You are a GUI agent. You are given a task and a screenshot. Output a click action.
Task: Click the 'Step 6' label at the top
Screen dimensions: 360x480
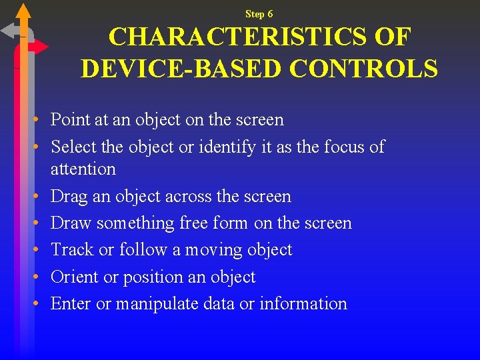pyautogui.click(x=259, y=14)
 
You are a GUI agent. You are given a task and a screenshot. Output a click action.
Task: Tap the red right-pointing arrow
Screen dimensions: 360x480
pyautogui.click(x=39, y=47)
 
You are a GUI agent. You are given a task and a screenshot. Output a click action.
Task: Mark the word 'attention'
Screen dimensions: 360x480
pyautogui.click(x=83, y=169)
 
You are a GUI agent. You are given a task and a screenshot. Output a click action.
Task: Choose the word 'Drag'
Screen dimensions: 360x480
pyautogui.click(x=69, y=197)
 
